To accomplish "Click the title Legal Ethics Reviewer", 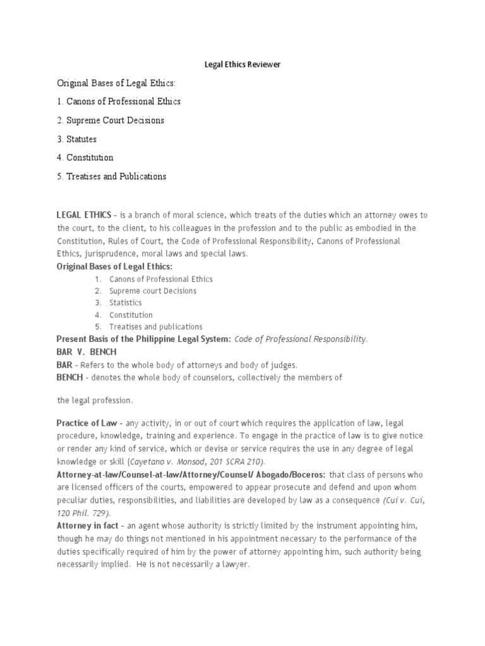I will coord(242,65).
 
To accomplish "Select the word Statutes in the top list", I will coord(81,139).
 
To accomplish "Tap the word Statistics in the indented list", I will coord(126,303).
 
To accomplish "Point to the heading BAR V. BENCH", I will coord(87,351).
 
